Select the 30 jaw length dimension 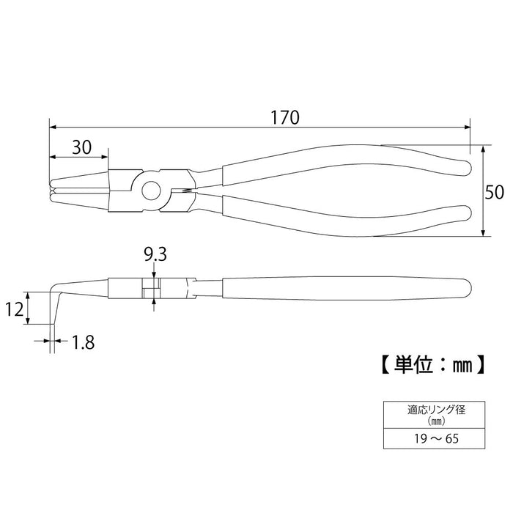click(81, 147)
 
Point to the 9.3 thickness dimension click(154, 256)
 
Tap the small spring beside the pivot click(185, 192)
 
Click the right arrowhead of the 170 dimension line click(466, 126)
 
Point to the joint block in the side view click(152, 287)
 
